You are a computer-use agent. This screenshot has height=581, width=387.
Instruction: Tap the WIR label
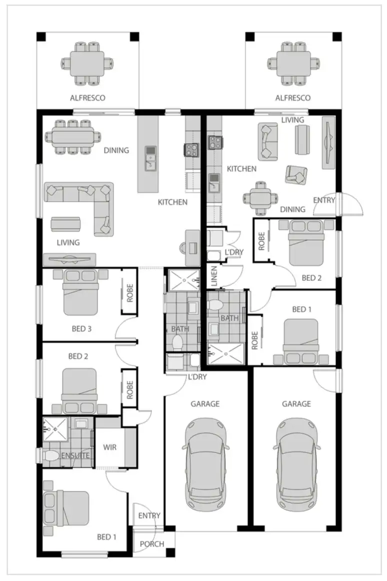coord(109,447)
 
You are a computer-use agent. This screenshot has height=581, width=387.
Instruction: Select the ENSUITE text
coord(76,456)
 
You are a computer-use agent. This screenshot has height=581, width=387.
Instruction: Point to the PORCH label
coord(151,544)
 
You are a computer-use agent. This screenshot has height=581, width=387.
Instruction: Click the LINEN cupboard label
coord(214,277)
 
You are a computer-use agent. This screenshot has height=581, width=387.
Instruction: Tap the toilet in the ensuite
coord(52,456)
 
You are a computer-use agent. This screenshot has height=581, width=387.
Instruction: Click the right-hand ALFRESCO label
coord(293,98)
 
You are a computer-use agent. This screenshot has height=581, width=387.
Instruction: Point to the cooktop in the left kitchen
coord(191,148)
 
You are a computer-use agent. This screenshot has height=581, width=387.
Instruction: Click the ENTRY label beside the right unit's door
coord(324,200)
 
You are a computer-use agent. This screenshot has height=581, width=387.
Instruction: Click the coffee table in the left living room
coord(65,224)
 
